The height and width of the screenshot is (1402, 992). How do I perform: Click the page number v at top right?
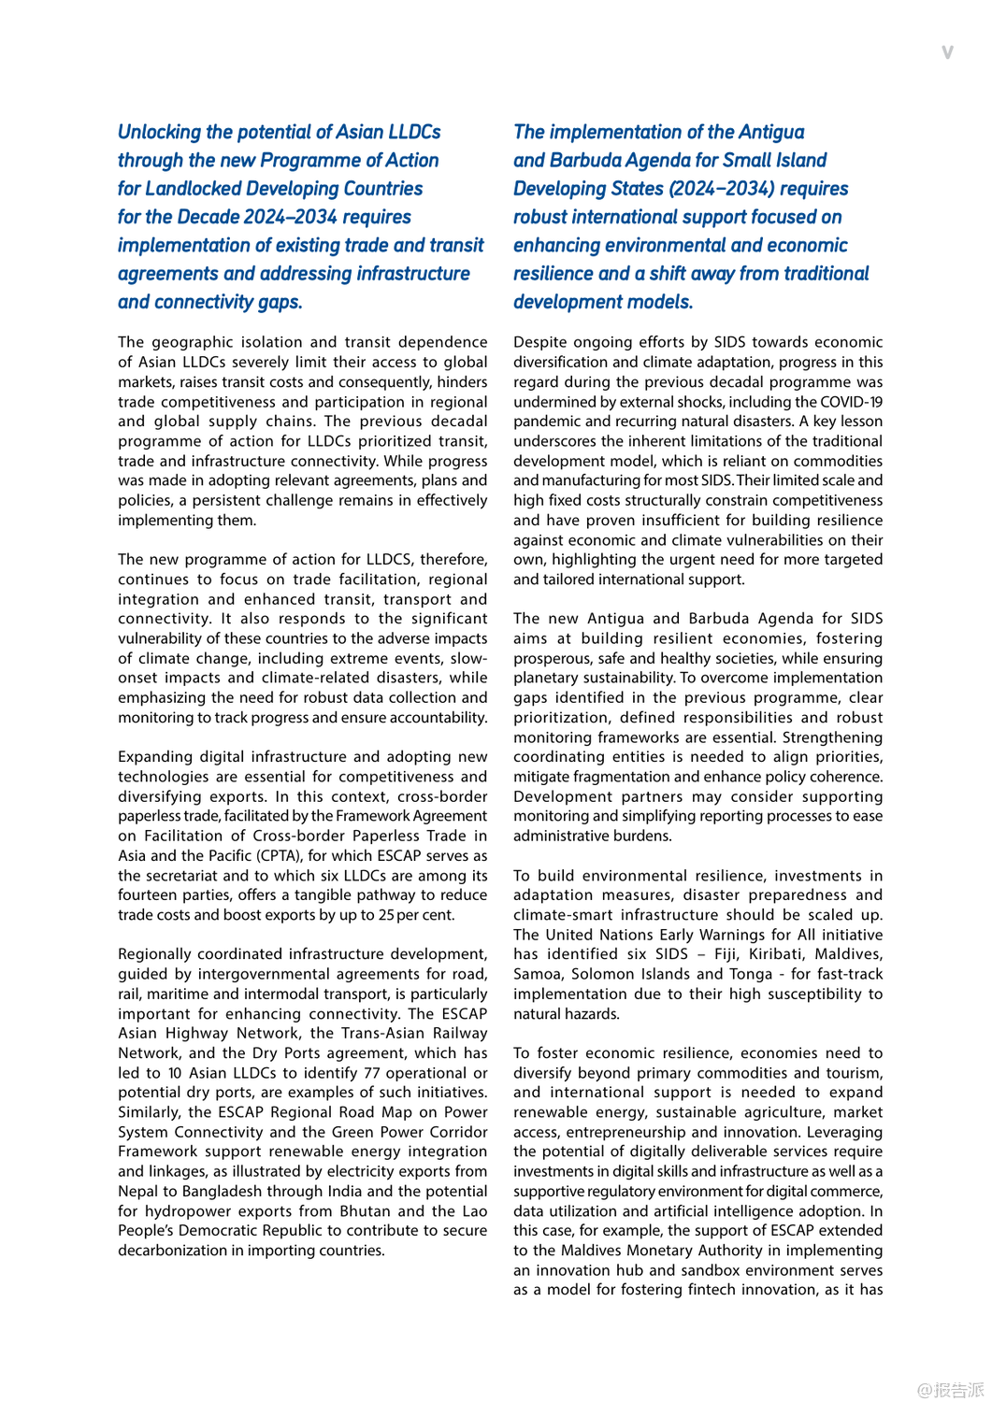947,52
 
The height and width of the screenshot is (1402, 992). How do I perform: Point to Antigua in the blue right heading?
770,133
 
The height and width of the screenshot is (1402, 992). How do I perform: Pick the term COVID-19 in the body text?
852,402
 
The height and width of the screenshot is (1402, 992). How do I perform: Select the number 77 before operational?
372,1073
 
